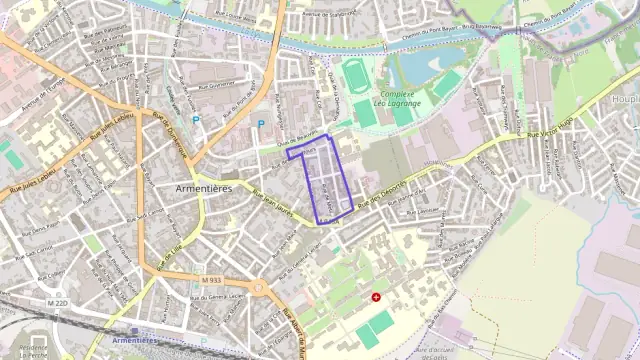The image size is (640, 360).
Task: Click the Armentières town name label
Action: click(203, 188)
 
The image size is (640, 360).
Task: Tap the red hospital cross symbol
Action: click(376, 297)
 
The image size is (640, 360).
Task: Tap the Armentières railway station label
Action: click(136, 340)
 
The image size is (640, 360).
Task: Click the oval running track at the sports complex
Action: click(354, 75)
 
